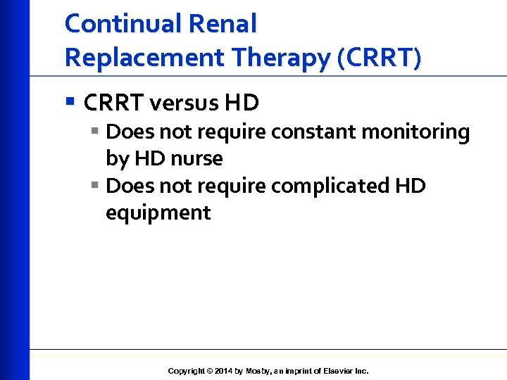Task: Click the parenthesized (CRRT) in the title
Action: [380, 58]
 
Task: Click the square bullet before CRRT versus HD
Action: [70, 103]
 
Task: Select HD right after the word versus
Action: [242, 103]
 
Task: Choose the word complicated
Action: [331, 186]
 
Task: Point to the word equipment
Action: [158, 213]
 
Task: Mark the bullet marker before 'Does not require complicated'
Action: [95, 186]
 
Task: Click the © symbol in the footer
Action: [210, 371]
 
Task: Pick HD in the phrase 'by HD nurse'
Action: [149, 159]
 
